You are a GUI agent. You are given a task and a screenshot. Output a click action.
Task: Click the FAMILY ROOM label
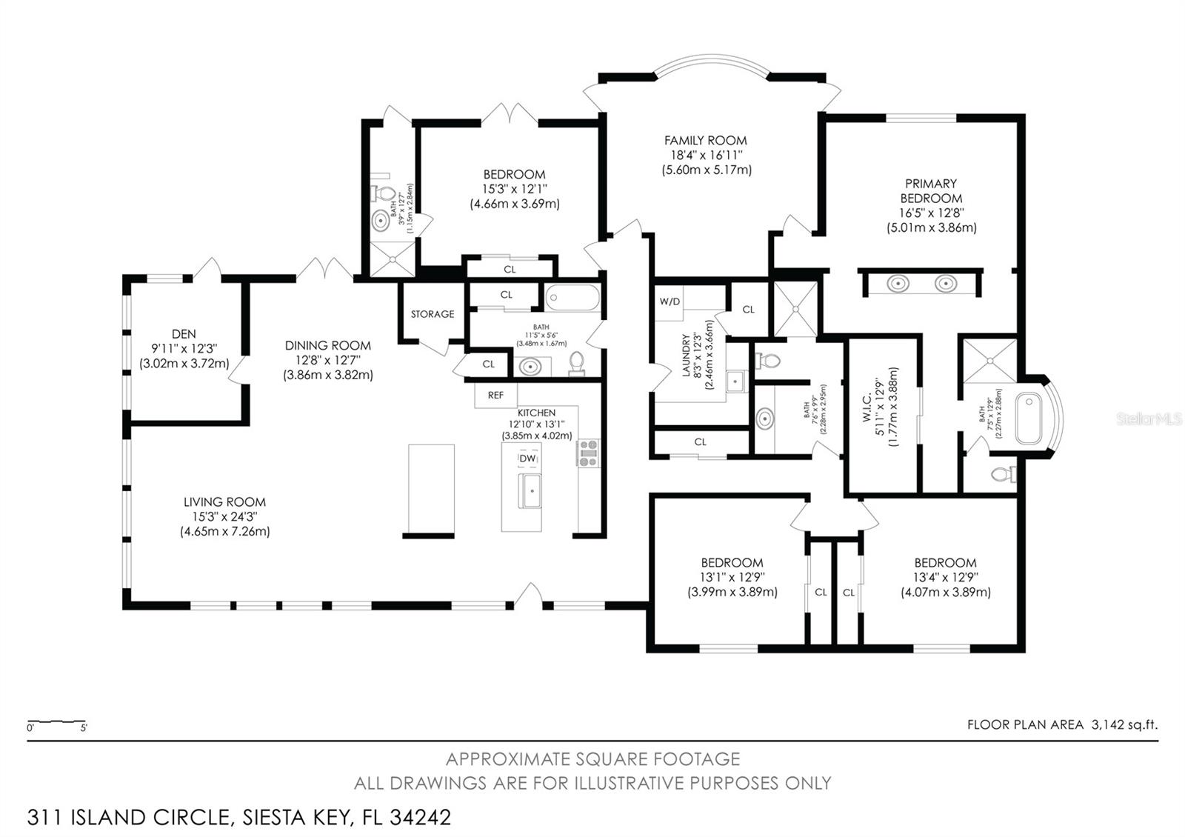(x=705, y=140)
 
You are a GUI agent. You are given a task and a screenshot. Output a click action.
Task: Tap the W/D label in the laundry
(x=670, y=301)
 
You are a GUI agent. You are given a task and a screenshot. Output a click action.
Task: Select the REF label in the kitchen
(x=495, y=396)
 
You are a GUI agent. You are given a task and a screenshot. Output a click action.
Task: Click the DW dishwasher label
(x=527, y=459)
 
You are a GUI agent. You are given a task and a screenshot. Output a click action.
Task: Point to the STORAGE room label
(x=433, y=314)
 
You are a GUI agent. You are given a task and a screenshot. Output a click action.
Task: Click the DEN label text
(x=184, y=334)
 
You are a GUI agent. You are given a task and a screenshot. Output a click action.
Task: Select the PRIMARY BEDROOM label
(x=931, y=191)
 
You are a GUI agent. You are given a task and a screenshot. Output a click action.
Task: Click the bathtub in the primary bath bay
(x=1029, y=418)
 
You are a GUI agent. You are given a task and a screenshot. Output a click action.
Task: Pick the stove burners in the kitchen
(x=588, y=453)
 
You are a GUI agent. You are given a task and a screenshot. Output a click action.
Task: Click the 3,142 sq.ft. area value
(x=1124, y=725)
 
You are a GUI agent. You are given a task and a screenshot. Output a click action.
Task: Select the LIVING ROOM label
(x=224, y=501)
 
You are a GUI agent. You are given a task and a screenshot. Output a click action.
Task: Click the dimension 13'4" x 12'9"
(x=945, y=577)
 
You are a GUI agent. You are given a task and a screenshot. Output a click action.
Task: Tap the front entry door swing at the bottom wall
(x=529, y=595)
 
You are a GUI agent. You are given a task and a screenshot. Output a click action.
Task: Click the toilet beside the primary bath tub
(x=1004, y=474)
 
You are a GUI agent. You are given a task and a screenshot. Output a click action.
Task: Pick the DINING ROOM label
(x=327, y=345)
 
